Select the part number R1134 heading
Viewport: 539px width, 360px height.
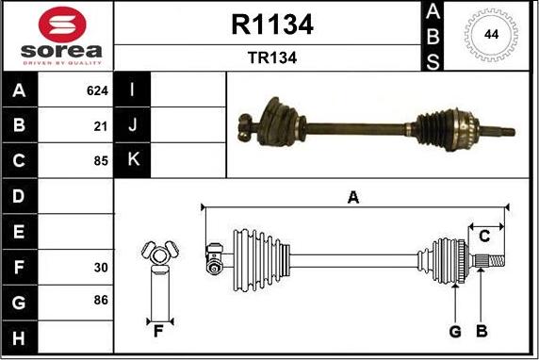(x=271, y=25)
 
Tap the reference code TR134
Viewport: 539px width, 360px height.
(x=271, y=57)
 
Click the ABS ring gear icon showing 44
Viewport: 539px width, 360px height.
(x=491, y=35)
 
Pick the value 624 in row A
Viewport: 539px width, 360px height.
(x=97, y=91)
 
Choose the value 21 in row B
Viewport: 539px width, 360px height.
(x=101, y=124)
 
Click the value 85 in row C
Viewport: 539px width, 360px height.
(x=101, y=160)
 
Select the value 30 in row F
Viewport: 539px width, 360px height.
(x=101, y=268)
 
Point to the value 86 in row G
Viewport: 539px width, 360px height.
(x=101, y=301)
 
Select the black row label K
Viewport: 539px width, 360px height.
(x=133, y=160)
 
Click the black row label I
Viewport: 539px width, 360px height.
(x=133, y=90)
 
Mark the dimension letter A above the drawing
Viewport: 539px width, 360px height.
(x=353, y=197)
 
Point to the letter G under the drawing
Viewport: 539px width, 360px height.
(x=455, y=331)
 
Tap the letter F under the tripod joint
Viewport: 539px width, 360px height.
(x=158, y=331)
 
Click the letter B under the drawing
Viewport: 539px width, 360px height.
(x=481, y=331)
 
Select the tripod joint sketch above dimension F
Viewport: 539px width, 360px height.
(x=158, y=254)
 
